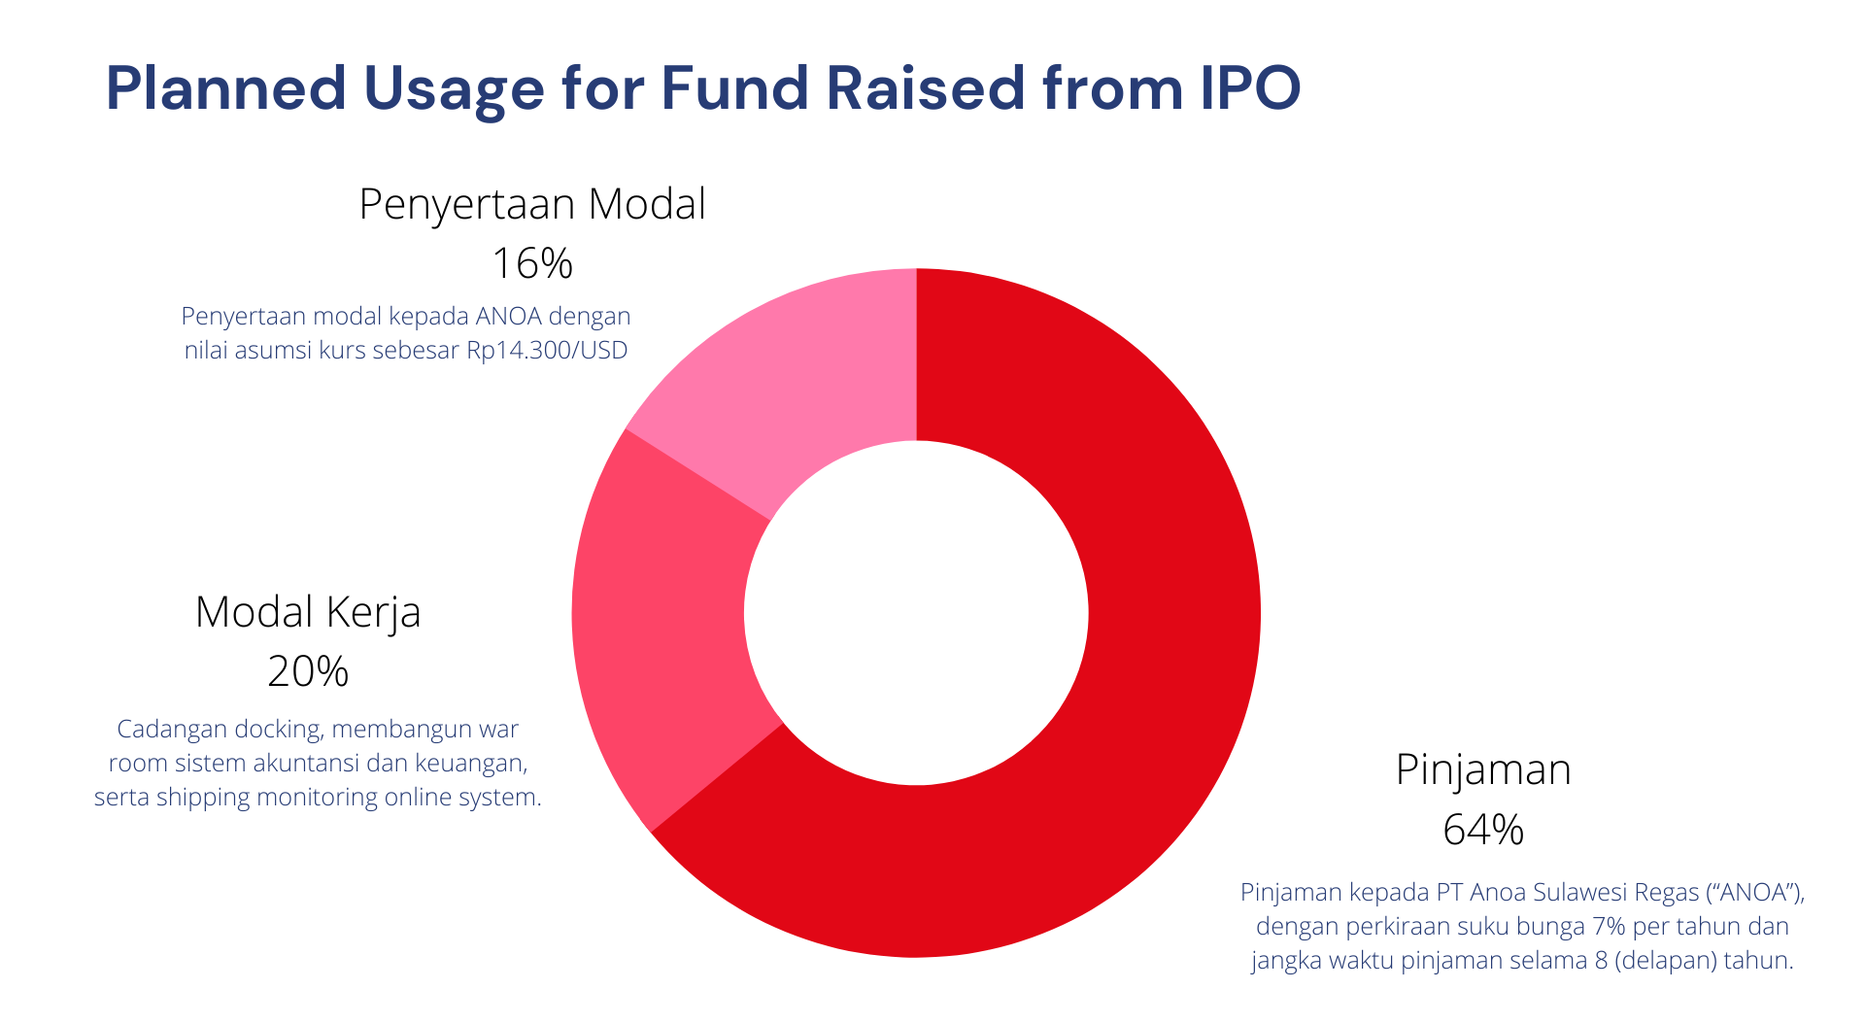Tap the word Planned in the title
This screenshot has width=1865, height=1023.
pos(225,88)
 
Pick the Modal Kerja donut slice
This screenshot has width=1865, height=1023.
pos(661,622)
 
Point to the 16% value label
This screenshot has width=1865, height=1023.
pos(532,263)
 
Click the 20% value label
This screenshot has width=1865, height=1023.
pos(308,671)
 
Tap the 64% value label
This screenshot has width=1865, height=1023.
pos(1483,830)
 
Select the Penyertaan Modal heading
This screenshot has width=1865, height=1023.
pos(532,204)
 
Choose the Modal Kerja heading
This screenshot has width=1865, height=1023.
pos(308,612)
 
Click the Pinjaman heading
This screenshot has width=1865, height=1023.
pos(1483,769)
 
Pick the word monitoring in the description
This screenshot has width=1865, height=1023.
pos(317,797)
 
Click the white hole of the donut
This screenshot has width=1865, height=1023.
pos(916,613)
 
